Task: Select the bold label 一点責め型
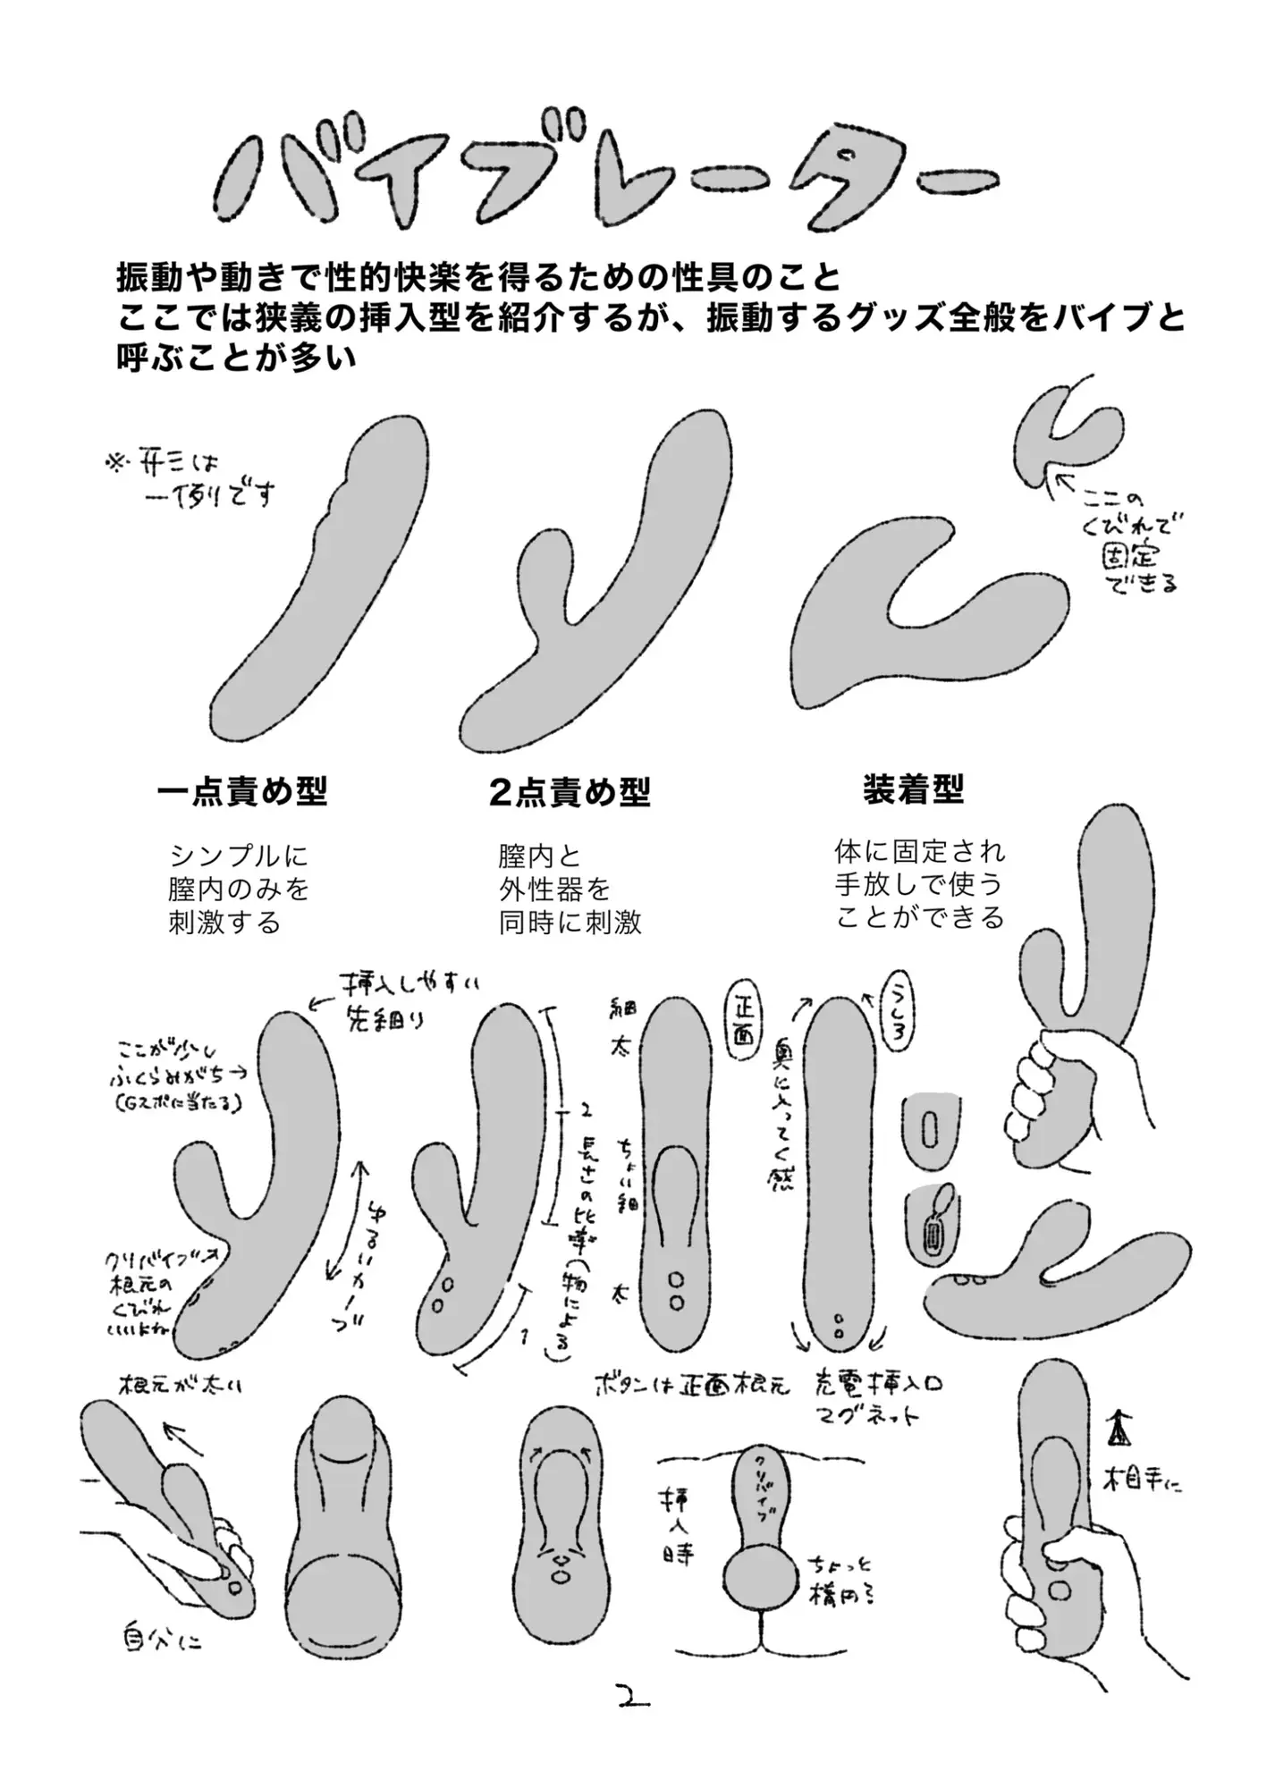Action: coord(241,791)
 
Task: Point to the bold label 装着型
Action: coord(913,789)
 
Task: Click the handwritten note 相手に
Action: coord(1144,1483)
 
